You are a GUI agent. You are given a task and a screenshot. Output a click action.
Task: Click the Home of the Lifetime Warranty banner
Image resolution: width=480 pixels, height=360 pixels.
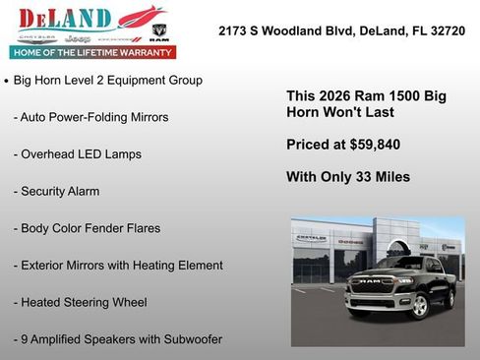[x=91, y=52]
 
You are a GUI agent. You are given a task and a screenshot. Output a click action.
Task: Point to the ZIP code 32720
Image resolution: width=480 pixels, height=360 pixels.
[x=444, y=31]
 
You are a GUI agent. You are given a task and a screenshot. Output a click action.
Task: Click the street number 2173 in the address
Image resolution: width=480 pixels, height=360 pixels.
[x=234, y=31]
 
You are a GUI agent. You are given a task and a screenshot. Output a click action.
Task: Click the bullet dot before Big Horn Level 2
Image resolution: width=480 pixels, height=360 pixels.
[x=7, y=81]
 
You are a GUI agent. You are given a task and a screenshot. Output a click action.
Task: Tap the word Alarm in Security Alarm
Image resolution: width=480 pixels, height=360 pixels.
[x=84, y=192]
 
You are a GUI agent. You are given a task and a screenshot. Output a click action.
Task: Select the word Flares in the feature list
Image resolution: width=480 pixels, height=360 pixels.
[x=142, y=228]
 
